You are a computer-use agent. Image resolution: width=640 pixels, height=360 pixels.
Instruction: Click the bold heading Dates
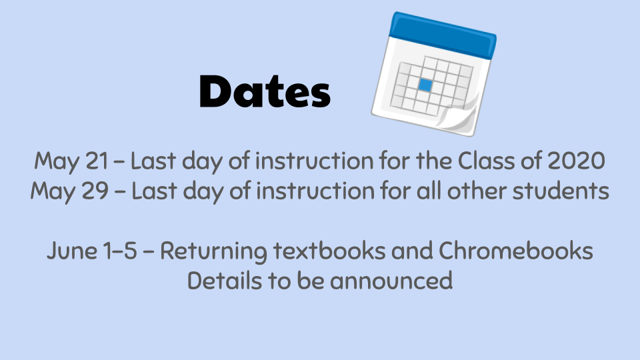pos(265,91)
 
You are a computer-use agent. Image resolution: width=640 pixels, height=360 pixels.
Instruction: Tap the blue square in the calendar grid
pos(425,85)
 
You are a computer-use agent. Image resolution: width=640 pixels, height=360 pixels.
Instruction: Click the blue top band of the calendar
pos(443,35)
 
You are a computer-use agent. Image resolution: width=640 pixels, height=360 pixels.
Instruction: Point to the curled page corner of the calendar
pos(459,116)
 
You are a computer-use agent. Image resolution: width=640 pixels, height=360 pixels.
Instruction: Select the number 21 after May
pos(97,161)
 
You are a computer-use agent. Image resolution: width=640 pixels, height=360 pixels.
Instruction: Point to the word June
pos(72,250)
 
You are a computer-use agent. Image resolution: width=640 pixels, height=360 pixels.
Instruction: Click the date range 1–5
pos(121,250)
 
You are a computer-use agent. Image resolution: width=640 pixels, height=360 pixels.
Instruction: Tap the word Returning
pos(213,250)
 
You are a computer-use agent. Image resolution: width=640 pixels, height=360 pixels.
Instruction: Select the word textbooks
pos(329,250)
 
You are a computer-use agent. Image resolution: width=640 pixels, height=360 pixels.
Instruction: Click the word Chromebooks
pos(516,250)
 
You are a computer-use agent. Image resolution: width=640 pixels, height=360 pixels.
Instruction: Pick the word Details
pos(225,281)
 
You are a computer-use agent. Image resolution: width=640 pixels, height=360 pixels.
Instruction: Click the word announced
pos(391,281)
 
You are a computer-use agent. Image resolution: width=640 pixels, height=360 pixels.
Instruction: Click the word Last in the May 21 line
pos(153,161)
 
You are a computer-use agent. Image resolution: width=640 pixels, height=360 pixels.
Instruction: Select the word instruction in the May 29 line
pos(315,191)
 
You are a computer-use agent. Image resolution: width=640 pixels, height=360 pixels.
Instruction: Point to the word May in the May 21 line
pos(57,161)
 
